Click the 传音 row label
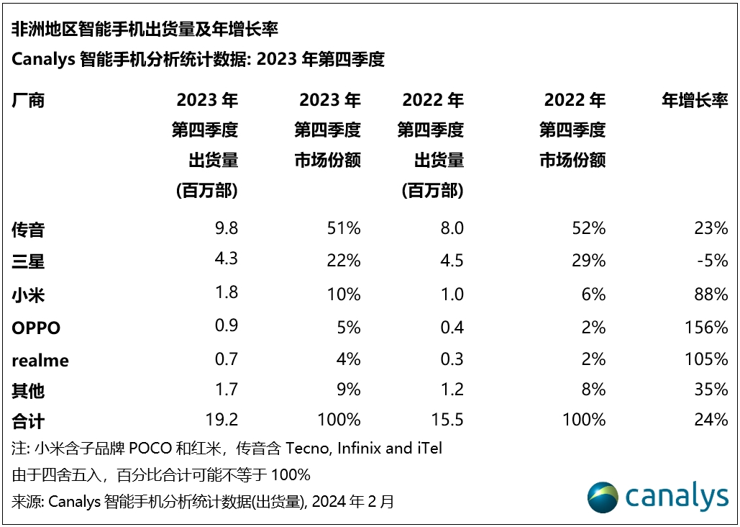[29, 230]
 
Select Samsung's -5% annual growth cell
[713, 261]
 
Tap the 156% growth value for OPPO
[708, 328]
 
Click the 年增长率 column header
[695, 100]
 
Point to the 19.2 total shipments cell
[221, 420]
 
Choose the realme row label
[40, 360]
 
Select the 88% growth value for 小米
[711, 294]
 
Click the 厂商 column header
[29, 100]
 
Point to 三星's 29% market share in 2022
[589, 261]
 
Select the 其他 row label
[29, 390]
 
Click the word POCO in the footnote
[150, 448]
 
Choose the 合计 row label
[29, 420]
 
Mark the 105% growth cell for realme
[708, 359]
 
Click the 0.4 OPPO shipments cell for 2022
[451, 328]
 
